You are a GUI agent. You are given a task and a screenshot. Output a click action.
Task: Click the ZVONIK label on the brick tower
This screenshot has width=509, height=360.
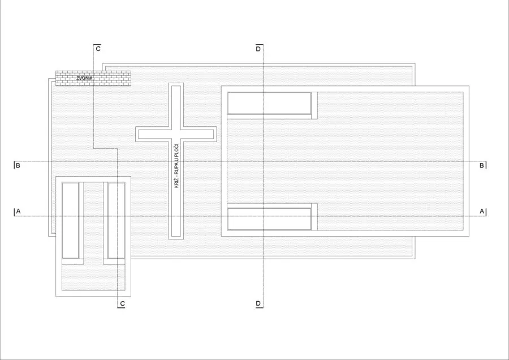(84, 78)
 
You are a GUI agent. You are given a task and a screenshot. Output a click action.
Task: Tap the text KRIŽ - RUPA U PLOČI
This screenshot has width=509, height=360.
(176, 166)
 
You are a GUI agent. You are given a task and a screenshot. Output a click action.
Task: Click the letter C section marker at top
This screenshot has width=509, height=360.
(98, 49)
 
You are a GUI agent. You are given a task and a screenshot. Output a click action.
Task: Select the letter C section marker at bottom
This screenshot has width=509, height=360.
(122, 303)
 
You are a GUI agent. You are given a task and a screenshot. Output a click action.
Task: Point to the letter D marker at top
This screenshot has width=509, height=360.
(258, 49)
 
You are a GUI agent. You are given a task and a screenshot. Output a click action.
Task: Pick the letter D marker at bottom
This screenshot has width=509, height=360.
(258, 303)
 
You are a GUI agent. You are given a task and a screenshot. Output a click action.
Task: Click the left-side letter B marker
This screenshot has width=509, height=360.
(18, 165)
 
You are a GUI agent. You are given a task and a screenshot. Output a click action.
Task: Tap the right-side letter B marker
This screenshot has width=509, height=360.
(482, 165)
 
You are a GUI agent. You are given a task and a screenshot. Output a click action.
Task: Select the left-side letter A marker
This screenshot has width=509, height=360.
(18, 212)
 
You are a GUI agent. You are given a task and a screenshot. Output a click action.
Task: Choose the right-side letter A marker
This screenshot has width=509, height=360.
(482, 212)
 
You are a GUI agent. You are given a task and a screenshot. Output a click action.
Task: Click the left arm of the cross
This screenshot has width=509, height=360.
(153, 134)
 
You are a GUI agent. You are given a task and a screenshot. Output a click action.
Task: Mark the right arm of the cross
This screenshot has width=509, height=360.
(199, 134)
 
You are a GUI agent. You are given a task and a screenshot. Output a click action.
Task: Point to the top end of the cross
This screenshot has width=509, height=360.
(176, 84)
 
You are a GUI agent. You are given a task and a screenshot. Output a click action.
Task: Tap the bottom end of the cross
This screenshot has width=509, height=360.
(176, 238)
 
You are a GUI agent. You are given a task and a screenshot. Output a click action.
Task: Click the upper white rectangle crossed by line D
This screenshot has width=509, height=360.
(269, 104)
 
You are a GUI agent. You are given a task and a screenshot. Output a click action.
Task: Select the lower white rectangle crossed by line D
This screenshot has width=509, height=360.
(269, 219)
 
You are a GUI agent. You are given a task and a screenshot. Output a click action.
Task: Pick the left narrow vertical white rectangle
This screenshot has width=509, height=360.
(71, 221)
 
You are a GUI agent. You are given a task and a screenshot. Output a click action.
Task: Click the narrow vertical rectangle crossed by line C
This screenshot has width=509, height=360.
(116, 221)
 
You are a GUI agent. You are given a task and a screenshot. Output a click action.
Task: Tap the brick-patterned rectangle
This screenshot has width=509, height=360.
(93, 78)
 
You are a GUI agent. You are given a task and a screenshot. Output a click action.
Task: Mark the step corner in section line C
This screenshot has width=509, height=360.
(118, 149)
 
